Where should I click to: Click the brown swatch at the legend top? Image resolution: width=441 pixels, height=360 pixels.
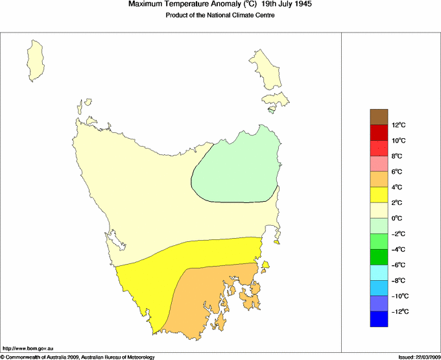pos(379,117)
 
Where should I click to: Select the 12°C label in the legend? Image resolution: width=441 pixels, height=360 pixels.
pos(398,125)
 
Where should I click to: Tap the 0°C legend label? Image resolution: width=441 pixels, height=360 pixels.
pos(398,219)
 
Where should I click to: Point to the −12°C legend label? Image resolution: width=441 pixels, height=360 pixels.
pos(399,312)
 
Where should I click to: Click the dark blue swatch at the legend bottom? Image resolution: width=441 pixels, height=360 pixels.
pos(379,319)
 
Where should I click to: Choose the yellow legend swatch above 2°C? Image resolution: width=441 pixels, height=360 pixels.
pos(379,195)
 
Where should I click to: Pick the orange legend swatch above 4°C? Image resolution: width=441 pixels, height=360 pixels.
pos(379,179)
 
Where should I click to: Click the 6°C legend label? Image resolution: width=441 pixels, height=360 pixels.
pos(398,172)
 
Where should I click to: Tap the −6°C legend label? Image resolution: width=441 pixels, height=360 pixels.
pos(398,265)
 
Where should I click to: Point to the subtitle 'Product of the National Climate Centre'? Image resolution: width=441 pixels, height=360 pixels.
pos(220,16)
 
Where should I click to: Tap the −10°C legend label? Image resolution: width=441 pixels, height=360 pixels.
pos(399,296)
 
